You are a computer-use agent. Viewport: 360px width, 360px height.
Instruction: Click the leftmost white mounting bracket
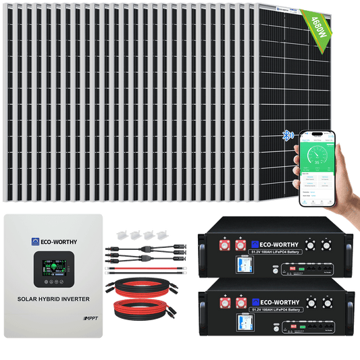point(124,237)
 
